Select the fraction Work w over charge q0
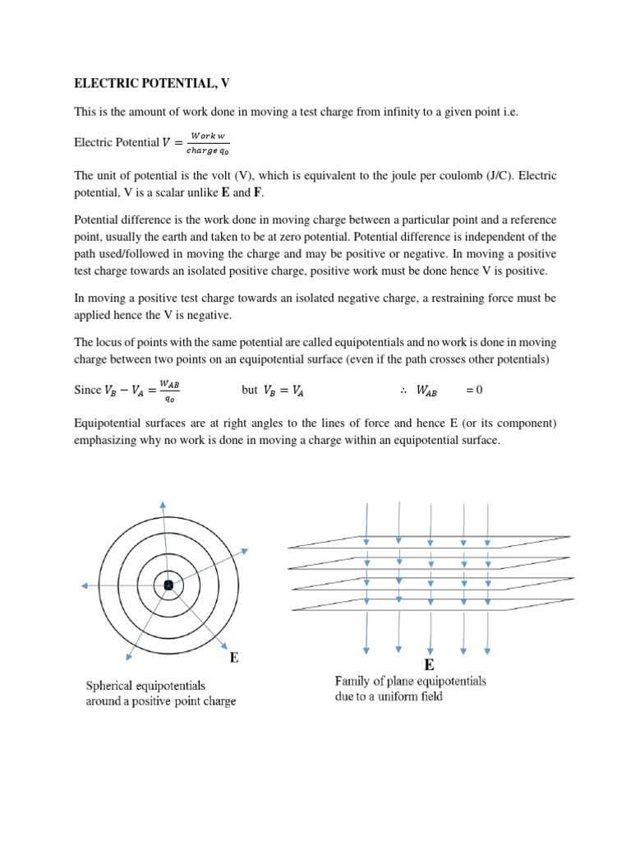(205, 142)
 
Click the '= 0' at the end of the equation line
(474, 390)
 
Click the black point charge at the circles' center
(168, 585)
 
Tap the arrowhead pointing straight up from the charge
(163, 506)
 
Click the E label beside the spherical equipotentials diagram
(233, 658)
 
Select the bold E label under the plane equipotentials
(429, 664)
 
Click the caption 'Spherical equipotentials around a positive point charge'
(161, 693)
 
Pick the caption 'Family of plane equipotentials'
(410, 681)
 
